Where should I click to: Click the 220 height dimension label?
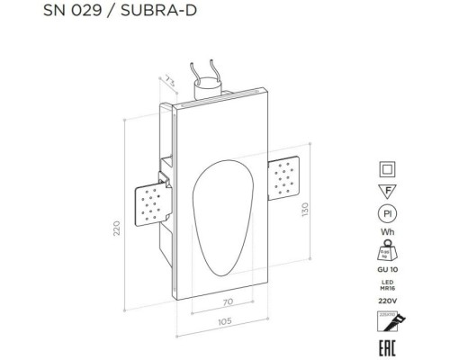[115, 230]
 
